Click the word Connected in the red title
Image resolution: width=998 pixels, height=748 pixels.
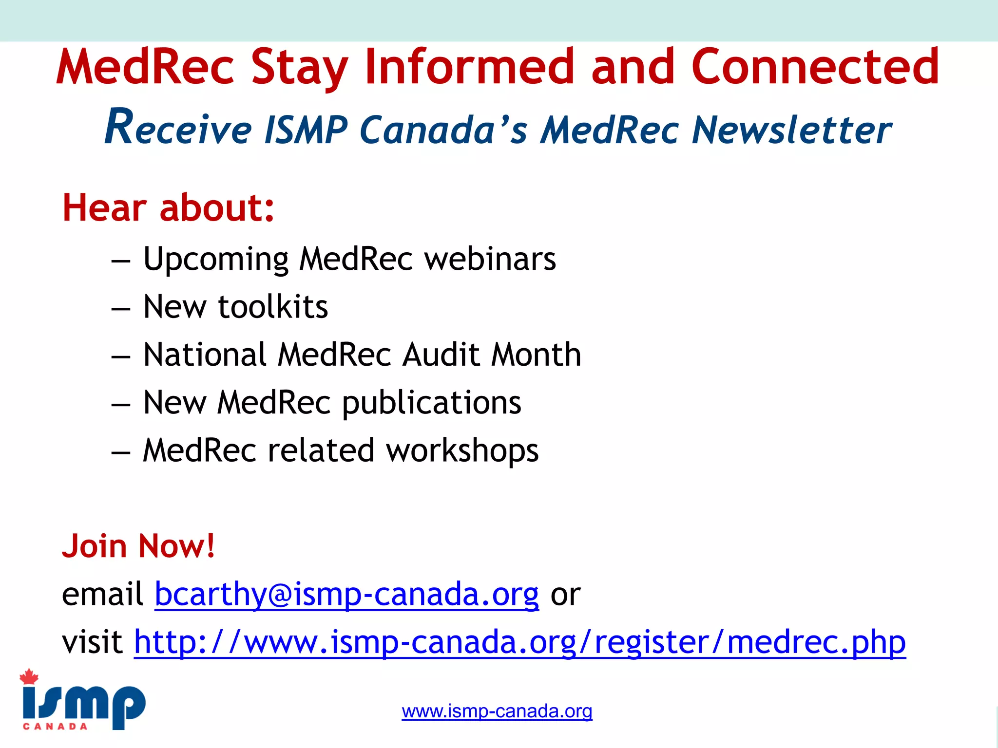(x=815, y=67)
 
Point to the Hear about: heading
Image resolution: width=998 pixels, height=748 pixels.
(x=168, y=208)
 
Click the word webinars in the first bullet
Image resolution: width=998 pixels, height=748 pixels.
(x=490, y=259)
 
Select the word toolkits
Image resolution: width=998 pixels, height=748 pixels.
(x=273, y=307)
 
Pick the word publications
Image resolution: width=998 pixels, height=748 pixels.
(x=432, y=403)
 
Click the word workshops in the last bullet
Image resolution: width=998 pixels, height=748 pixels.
(x=462, y=450)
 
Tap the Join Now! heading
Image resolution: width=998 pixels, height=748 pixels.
(x=138, y=546)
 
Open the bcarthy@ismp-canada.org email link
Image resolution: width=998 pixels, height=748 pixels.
(x=346, y=595)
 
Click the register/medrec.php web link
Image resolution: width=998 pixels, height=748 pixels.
(x=519, y=642)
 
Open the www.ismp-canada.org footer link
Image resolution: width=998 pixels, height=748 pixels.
(x=497, y=711)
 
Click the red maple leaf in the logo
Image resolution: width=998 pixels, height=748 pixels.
(x=29, y=676)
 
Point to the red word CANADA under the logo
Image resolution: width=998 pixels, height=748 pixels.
(x=55, y=727)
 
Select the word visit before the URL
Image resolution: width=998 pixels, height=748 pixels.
(x=92, y=642)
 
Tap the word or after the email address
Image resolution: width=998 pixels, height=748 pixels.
(x=565, y=595)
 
